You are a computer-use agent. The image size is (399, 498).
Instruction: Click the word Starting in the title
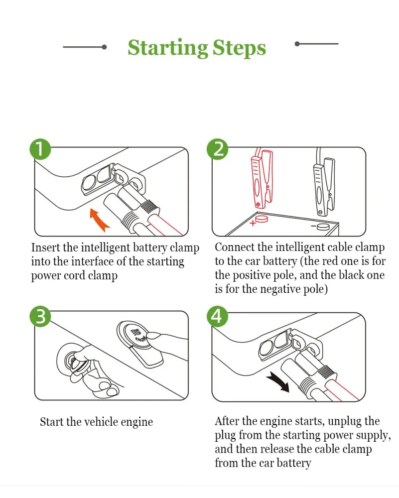(168, 48)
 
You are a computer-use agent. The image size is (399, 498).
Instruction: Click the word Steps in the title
(239, 48)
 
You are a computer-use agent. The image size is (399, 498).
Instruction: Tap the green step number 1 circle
(40, 149)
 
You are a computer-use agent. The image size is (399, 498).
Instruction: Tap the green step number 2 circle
(218, 149)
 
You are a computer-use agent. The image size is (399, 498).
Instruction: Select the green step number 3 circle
(40, 316)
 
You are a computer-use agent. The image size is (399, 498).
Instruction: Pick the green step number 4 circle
(218, 316)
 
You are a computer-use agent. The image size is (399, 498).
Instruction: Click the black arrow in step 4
(278, 382)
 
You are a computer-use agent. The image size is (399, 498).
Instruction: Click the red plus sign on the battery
(253, 223)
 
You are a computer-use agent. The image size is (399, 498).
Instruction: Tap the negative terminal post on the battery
(323, 227)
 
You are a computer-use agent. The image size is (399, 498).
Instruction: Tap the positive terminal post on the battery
(262, 219)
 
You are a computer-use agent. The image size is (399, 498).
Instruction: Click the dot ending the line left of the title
(104, 47)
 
